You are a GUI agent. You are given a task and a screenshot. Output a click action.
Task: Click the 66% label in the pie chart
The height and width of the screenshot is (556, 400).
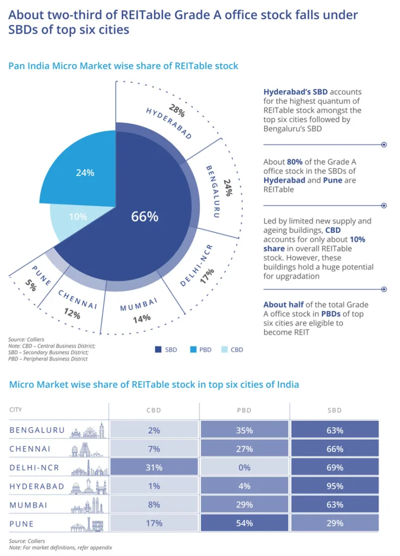tap(145, 217)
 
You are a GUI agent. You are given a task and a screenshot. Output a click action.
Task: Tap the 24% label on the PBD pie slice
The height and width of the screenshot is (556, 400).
tap(85, 173)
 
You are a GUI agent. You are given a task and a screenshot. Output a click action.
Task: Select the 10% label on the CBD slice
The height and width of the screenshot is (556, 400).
tap(78, 217)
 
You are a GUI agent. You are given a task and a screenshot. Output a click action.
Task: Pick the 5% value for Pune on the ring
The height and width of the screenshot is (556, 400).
tap(30, 286)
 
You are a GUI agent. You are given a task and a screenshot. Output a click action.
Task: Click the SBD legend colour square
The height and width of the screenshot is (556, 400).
tap(158, 350)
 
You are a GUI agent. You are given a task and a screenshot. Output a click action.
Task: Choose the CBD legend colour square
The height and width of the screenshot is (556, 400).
tap(224, 350)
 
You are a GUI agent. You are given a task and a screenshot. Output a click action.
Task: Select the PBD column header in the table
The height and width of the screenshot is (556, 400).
tap(244, 410)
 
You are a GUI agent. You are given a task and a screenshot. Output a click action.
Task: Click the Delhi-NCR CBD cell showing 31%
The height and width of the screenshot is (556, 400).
tap(154, 467)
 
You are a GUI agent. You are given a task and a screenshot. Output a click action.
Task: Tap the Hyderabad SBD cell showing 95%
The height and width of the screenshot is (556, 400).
tap(335, 486)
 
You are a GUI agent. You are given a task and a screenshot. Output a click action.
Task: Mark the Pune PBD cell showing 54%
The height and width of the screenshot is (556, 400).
tap(244, 523)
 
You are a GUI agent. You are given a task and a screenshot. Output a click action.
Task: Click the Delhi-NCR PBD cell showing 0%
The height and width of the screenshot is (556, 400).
tap(244, 467)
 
